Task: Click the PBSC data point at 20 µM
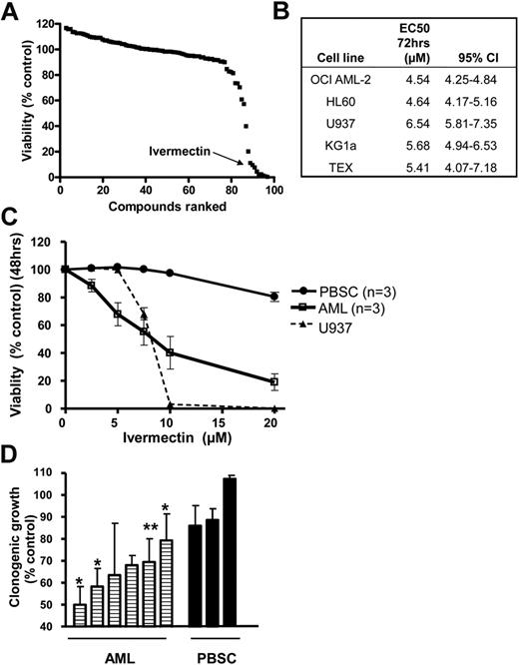coord(276,297)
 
